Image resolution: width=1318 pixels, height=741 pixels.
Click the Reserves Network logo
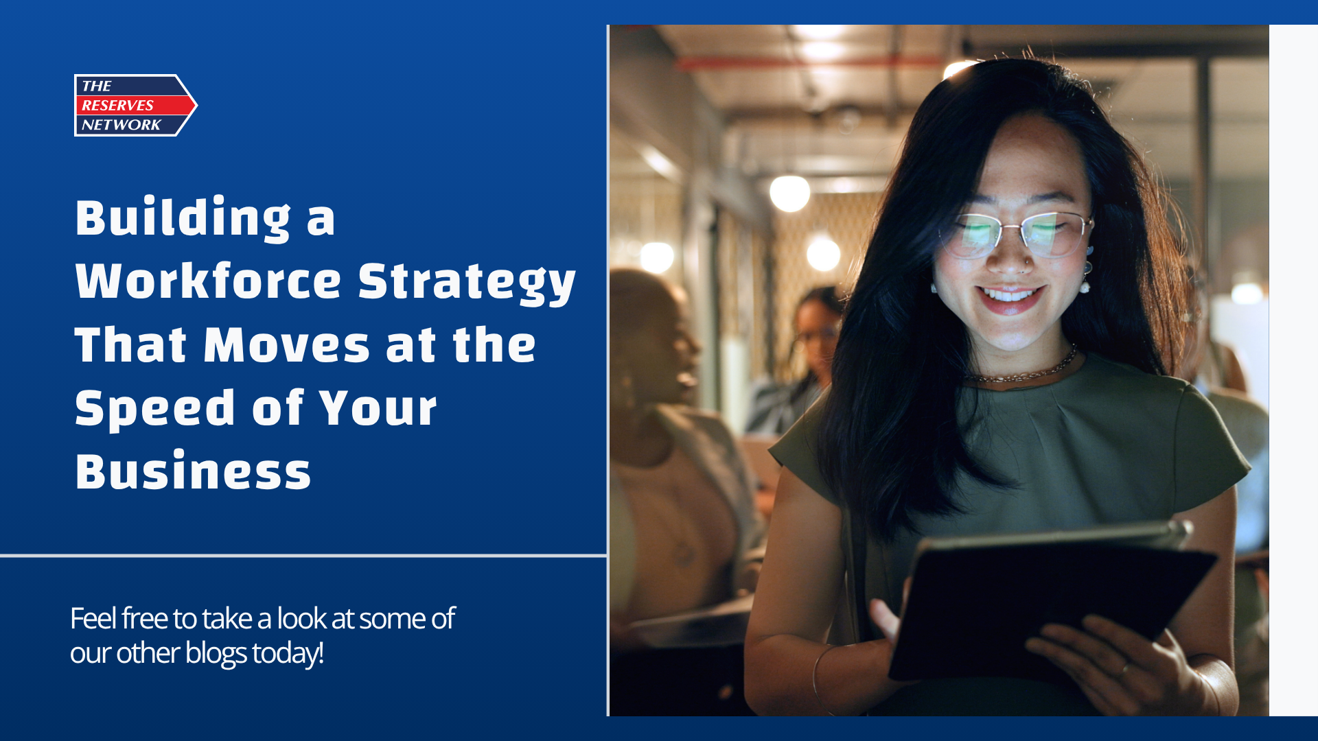point(136,105)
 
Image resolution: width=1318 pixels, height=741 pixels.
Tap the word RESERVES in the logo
point(117,105)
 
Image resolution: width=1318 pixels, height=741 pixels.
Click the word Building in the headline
point(183,219)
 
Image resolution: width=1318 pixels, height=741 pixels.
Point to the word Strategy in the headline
point(467,283)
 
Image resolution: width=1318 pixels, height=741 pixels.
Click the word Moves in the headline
point(287,344)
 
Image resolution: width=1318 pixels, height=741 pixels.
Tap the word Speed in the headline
point(155,409)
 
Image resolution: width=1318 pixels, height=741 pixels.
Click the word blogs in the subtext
point(216,653)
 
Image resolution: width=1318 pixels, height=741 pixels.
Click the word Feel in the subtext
point(93,618)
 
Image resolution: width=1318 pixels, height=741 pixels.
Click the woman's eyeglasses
point(1016,234)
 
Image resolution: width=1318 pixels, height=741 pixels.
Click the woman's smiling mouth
point(1011,299)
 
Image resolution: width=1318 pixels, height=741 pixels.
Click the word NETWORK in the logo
point(121,125)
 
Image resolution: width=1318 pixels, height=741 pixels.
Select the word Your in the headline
point(378,409)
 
